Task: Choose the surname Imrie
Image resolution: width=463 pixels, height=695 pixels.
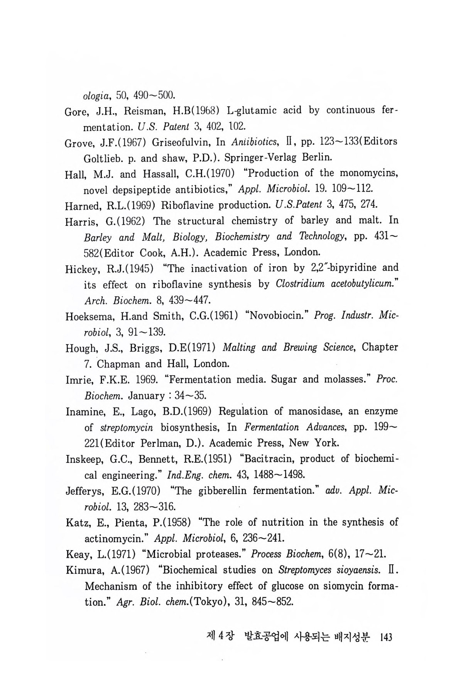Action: coord(78,380)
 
